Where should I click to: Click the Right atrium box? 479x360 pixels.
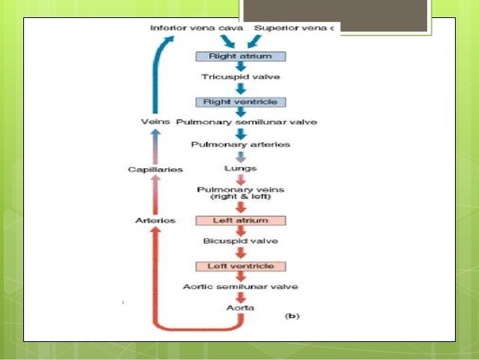[x=241, y=56]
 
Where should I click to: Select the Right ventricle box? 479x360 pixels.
[x=241, y=101]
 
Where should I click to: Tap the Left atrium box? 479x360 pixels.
[x=241, y=220]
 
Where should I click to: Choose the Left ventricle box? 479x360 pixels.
[x=241, y=266]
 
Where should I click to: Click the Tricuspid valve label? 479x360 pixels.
[x=241, y=77]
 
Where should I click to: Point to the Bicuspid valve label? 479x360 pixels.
[x=241, y=241]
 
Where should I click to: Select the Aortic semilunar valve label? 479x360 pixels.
[x=241, y=287]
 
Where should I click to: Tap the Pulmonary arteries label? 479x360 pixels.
[x=241, y=143]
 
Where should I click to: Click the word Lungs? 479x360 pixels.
[x=241, y=171]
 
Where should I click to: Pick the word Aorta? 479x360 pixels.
[x=241, y=308]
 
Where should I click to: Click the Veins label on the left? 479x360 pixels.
[x=153, y=121]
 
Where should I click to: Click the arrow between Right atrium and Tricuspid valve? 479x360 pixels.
[x=241, y=67]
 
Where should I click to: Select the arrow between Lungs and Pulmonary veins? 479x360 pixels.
[x=241, y=180]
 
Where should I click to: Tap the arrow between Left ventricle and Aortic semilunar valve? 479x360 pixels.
[x=241, y=277]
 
